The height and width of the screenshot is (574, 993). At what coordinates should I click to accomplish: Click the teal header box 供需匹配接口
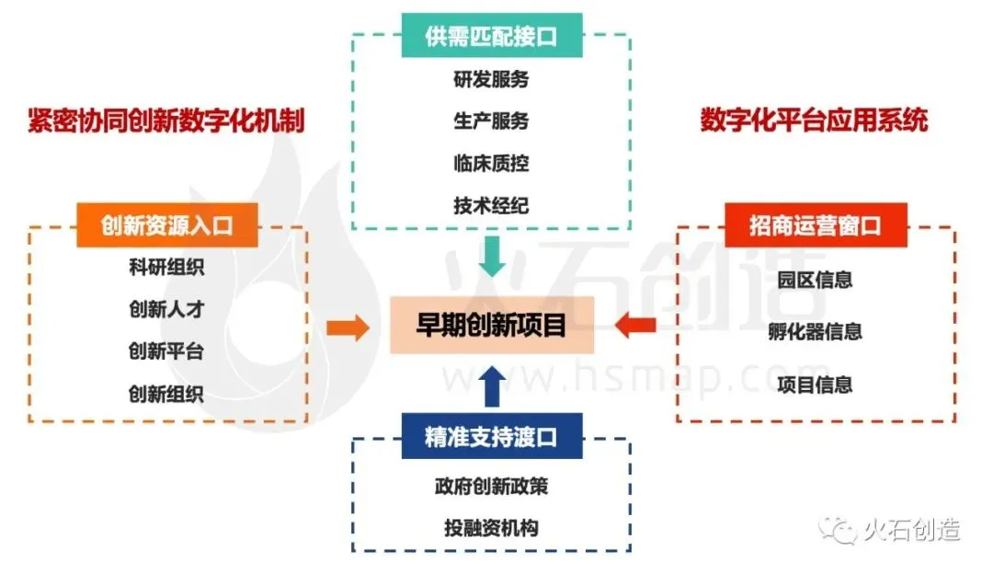(491, 37)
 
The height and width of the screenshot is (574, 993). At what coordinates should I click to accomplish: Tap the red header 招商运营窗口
(815, 225)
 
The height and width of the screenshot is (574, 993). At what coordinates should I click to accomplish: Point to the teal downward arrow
(492, 256)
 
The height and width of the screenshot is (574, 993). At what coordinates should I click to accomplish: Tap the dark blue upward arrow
(492, 385)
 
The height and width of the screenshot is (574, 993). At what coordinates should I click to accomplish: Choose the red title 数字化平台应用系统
(814, 121)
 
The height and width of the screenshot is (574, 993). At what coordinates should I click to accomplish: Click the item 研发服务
(491, 80)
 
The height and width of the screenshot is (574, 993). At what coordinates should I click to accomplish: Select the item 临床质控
(491, 164)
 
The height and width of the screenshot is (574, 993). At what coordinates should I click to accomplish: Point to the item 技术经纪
(491, 205)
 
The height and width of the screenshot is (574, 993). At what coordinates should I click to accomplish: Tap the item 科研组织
(166, 269)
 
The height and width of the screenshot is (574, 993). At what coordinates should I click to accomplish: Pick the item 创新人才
(166, 310)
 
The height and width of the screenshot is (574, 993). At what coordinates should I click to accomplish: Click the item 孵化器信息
(815, 332)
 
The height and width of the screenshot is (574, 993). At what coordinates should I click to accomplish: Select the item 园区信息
(815, 280)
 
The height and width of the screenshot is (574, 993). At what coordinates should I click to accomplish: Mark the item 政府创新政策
(491, 486)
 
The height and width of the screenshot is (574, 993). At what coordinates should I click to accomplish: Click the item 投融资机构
(491, 528)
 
